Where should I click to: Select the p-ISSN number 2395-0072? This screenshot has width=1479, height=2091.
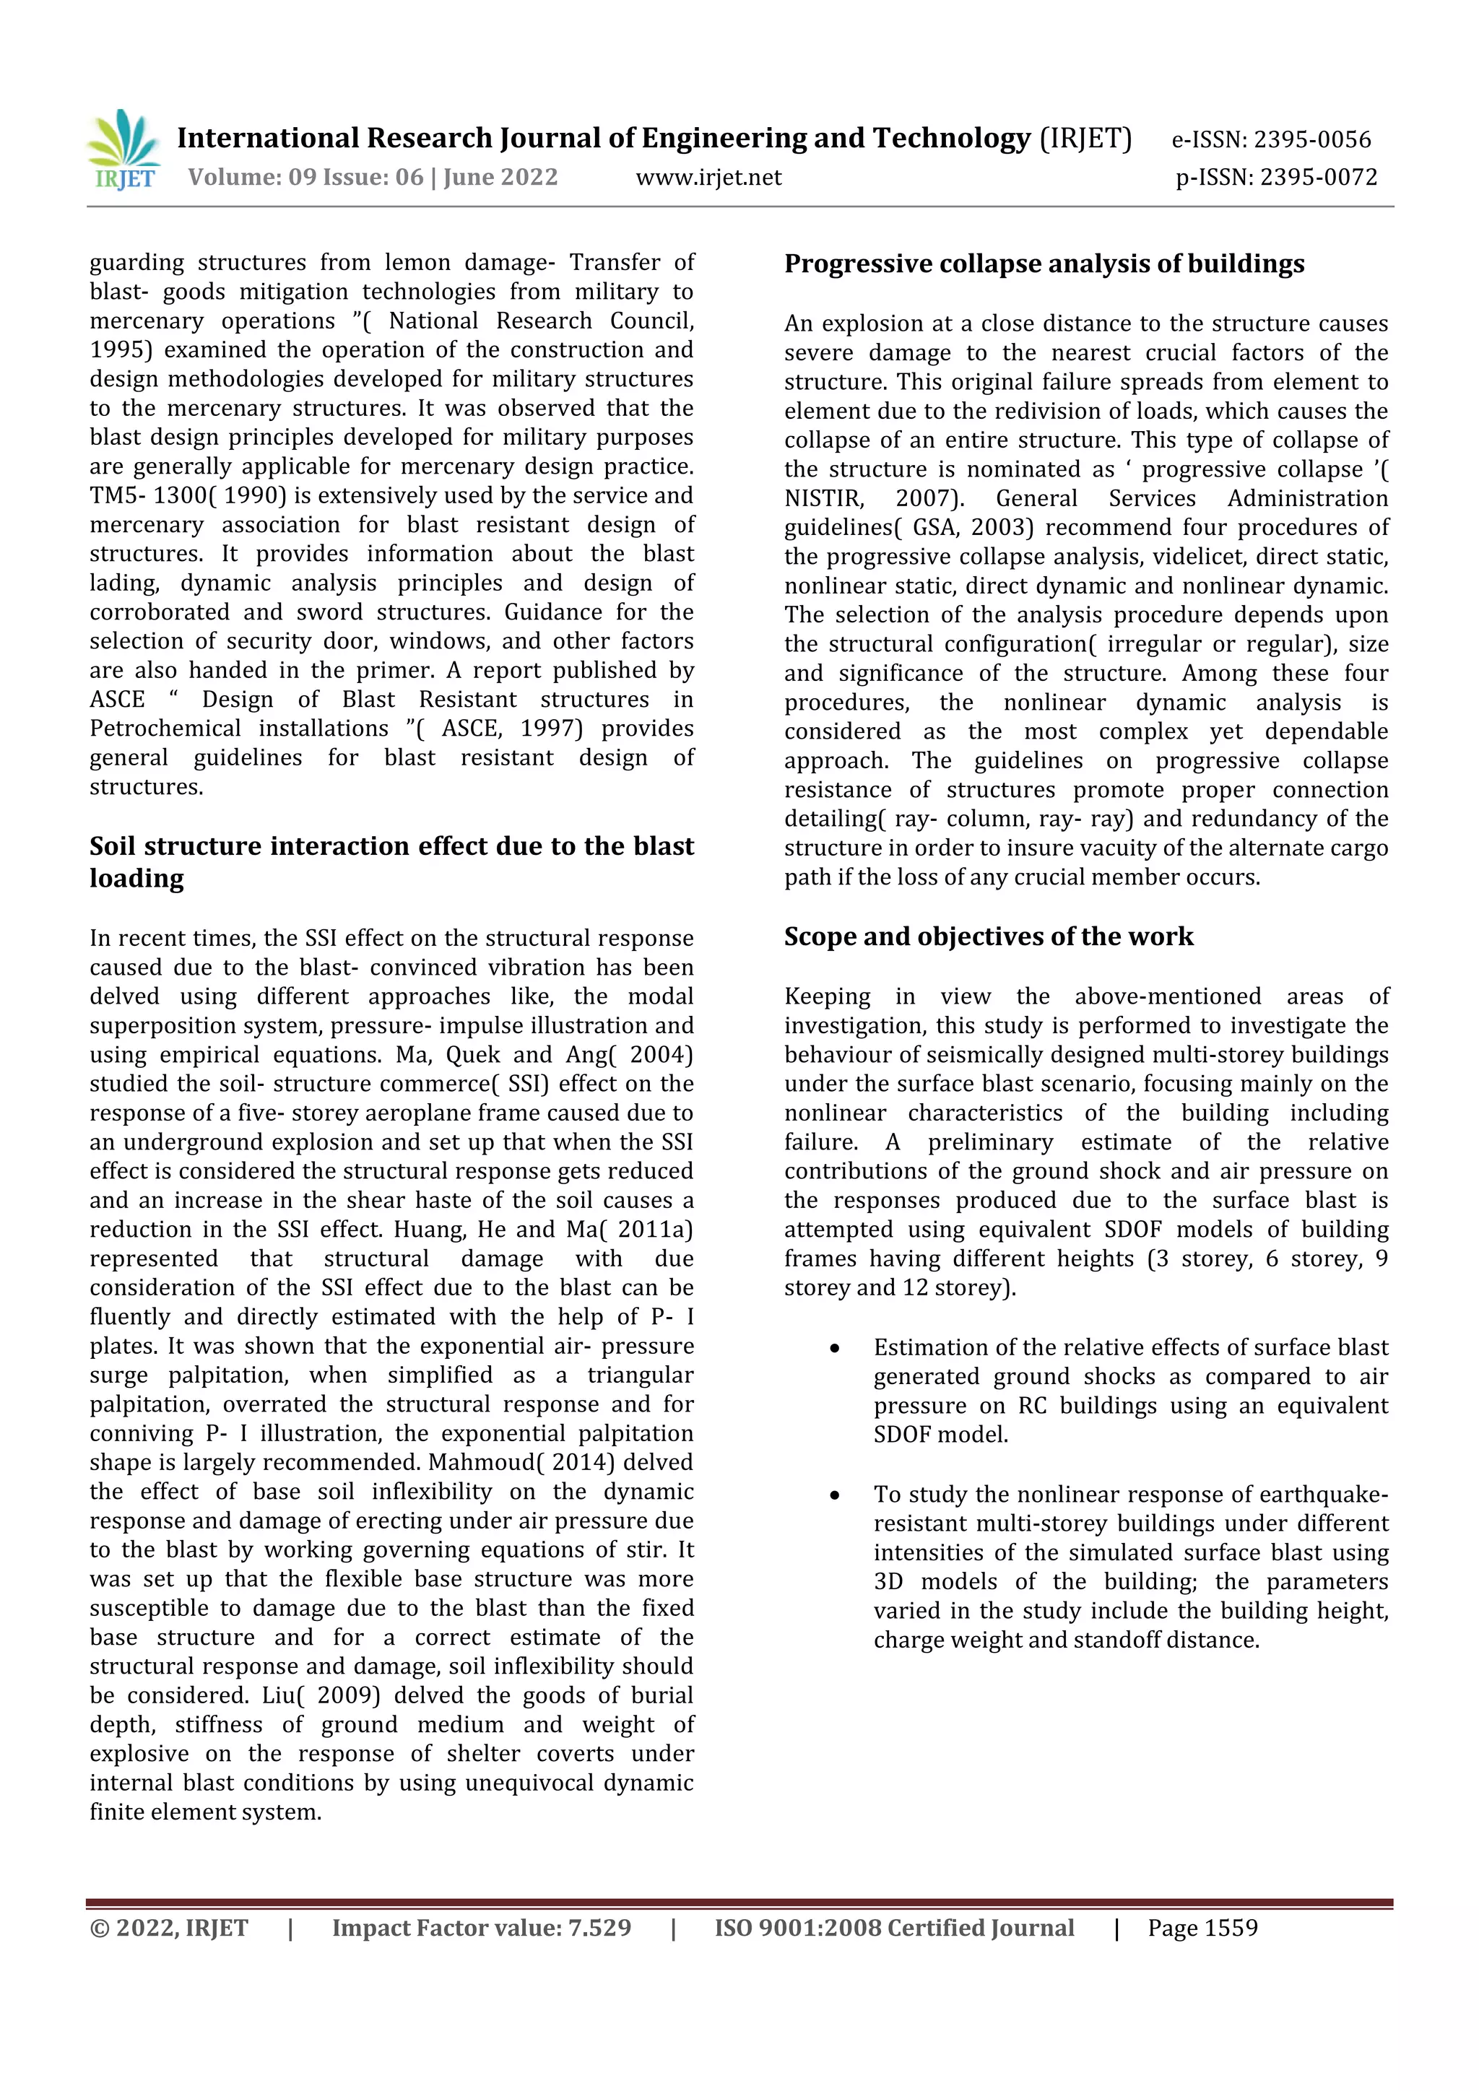(x=1319, y=177)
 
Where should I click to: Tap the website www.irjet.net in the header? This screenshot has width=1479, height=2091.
(x=708, y=177)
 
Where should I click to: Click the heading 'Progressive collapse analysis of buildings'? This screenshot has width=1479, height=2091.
(x=1044, y=264)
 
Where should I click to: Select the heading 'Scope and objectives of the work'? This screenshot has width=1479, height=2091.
(x=988, y=936)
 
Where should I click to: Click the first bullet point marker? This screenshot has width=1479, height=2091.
(x=834, y=1348)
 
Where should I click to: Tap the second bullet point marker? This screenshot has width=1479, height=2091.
(x=834, y=1495)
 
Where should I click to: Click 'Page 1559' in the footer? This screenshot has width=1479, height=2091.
(x=1202, y=1928)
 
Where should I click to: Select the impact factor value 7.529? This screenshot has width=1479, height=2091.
(x=599, y=1928)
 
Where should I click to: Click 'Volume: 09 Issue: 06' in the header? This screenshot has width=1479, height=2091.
(x=306, y=177)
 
